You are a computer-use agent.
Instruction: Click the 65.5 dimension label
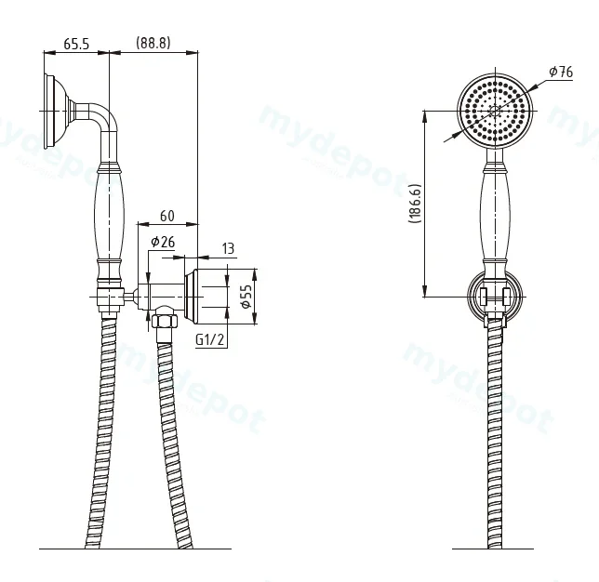(76, 44)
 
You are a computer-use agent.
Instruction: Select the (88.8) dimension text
(153, 43)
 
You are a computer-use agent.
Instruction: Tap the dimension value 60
(166, 216)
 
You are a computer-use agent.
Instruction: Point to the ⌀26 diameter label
(163, 242)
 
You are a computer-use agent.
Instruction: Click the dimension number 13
(228, 248)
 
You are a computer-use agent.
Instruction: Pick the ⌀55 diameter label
(246, 297)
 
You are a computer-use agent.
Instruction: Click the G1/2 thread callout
(209, 339)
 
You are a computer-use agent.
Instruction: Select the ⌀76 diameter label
(561, 72)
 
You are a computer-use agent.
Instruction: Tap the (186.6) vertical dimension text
(415, 204)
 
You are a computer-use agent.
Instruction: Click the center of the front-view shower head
(496, 111)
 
